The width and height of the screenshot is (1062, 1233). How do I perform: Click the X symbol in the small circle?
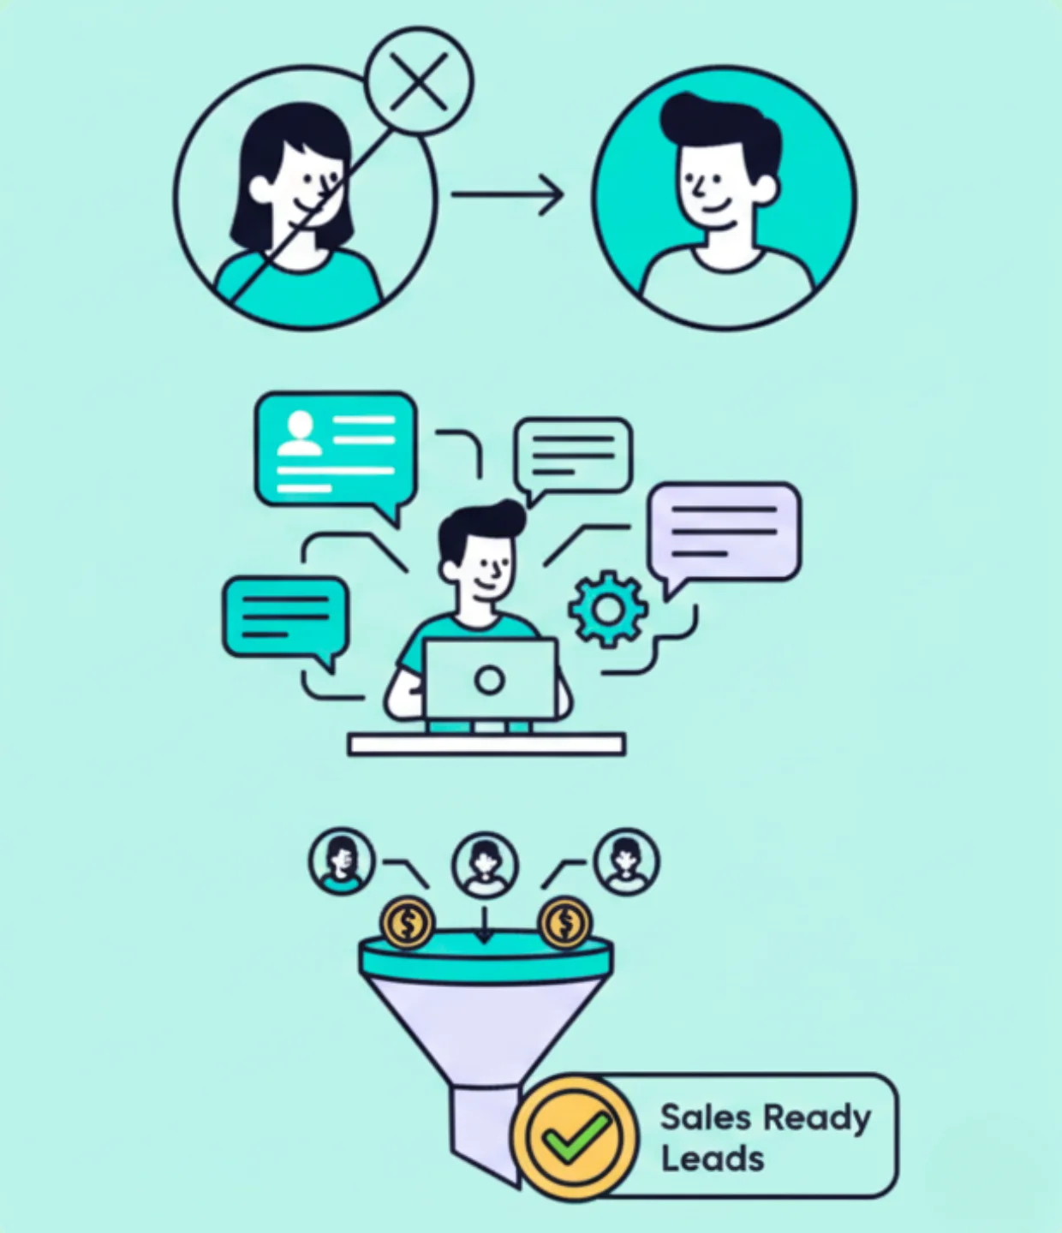419,81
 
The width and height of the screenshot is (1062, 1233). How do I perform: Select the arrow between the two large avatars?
507,195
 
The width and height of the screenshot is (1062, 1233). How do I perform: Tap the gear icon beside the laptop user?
607,609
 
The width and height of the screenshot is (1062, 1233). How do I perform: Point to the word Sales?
706,1117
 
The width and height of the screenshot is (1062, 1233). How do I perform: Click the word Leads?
712,1159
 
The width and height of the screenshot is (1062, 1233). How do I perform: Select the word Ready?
816,1118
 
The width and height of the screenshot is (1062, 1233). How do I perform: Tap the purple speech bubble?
725,531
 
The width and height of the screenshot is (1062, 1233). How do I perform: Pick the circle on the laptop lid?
489,681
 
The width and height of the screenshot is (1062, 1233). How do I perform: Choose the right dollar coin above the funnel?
564,923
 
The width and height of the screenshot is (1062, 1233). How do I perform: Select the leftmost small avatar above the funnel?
342,860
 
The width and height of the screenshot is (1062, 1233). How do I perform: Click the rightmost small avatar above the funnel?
627,860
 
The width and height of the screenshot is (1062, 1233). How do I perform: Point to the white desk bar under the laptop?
486,744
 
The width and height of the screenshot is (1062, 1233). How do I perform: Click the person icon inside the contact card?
300,433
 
